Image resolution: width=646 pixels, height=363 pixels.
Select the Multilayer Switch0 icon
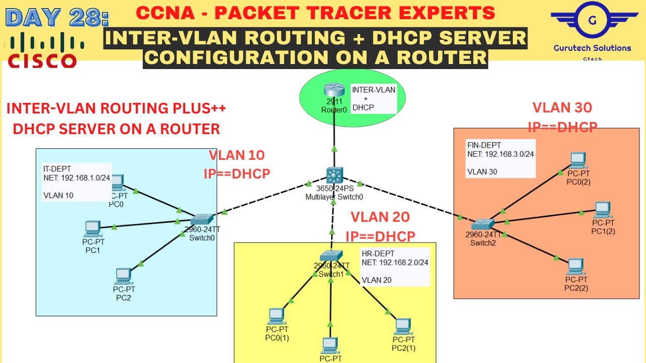click(333, 175)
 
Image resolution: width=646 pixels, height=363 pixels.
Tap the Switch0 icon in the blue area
click(202, 219)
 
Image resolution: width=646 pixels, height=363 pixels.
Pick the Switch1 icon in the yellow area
click(331, 256)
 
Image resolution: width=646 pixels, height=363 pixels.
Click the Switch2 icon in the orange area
click(484, 224)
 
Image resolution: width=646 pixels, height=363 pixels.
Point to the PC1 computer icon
click(93, 228)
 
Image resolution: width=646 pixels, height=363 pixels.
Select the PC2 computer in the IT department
click(123, 276)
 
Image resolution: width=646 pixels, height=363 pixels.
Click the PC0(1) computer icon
click(276, 316)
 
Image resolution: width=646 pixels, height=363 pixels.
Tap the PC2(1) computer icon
click(402, 327)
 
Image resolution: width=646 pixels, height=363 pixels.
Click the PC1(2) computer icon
click(603, 209)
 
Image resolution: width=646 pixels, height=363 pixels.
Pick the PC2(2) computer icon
click(576, 266)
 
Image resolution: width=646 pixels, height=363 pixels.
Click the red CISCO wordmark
click(42, 60)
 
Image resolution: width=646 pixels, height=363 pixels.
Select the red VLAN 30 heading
click(562, 107)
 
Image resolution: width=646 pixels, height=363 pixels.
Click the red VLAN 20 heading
click(380, 217)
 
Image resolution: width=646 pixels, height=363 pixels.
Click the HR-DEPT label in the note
click(378, 254)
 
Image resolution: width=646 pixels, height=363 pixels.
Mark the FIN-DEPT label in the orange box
click(484, 145)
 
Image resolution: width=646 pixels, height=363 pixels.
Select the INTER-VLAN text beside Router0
click(373, 90)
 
